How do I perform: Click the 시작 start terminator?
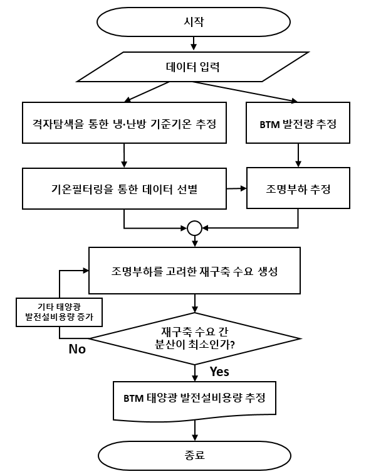pyautogui.click(x=194, y=22)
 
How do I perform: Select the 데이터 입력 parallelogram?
pyautogui.click(x=193, y=67)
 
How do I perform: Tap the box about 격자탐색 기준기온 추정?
pyautogui.click(x=124, y=122)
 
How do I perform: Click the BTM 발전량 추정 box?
pyautogui.click(x=298, y=122)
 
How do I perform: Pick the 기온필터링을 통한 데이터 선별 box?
pyautogui.click(x=124, y=188)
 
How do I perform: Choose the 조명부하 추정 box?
pyautogui.click(x=298, y=188)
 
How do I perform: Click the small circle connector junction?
pyautogui.click(x=195, y=229)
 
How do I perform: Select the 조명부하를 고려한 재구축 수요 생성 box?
pyautogui.click(x=194, y=271)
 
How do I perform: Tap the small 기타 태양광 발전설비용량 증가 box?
pyautogui.click(x=59, y=312)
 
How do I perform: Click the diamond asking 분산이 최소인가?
pyautogui.click(x=195, y=338)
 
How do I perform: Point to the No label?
pyautogui.click(x=77, y=349)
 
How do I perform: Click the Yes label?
pyautogui.click(x=219, y=372)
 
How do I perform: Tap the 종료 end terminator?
pyautogui.click(x=195, y=455)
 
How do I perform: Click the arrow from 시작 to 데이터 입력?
pyautogui.click(x=194, y=43)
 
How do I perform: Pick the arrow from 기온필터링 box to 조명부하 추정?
pyautogui.click(x=236, y=188)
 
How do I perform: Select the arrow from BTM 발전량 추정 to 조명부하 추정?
pyautogui.click(x=298, y=155)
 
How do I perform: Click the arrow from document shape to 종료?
pyautogui.click(x=195, y=431)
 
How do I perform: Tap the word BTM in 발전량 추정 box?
pyautogui.click(x=269, y=124)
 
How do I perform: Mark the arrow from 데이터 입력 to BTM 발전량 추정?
pyautogui.click(x=246, y=92)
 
